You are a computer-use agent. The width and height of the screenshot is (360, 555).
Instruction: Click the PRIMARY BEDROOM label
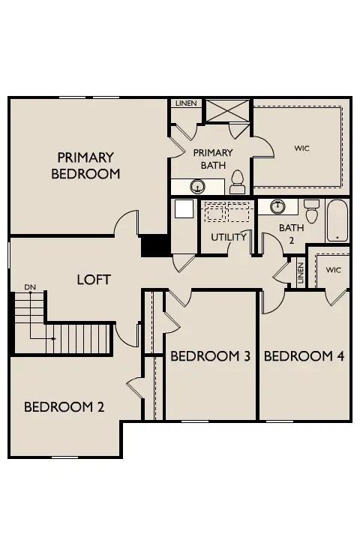point(85,165)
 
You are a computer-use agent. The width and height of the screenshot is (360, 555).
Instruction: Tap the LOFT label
point(94,280)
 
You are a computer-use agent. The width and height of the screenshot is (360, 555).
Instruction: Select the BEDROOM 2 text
point(64,407)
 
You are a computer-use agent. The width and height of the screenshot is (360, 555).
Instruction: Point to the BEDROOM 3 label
point(210,355)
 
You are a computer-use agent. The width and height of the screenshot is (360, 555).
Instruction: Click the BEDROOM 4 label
point(304,355)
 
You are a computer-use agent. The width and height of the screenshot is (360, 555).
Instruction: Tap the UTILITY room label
point(229,237)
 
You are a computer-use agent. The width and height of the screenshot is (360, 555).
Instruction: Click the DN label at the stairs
point(31,287)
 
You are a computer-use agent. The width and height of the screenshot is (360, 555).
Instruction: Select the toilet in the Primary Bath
point(237,182)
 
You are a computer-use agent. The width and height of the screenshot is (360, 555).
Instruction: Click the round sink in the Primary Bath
point(198,186)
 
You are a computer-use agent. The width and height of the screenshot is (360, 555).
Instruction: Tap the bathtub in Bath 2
point(337,220)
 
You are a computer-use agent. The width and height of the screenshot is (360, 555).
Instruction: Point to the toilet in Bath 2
point(311,211)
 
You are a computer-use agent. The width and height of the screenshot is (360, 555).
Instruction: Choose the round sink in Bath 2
point(277,206)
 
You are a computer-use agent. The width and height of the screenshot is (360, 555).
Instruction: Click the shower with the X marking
point(227,111)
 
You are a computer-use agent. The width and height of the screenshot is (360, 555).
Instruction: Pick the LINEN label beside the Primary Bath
point(186,103)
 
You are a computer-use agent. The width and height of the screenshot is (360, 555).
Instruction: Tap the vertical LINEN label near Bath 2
point(301,273)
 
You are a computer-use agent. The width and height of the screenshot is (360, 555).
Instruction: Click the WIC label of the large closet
point(302,148)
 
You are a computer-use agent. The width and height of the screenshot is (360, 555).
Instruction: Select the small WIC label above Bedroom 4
point(334,270)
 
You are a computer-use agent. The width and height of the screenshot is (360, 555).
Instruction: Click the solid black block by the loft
point(154,246)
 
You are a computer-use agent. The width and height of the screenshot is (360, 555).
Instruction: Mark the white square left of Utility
point(184,208)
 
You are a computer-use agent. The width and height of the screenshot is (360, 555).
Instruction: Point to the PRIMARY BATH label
point(213,159)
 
